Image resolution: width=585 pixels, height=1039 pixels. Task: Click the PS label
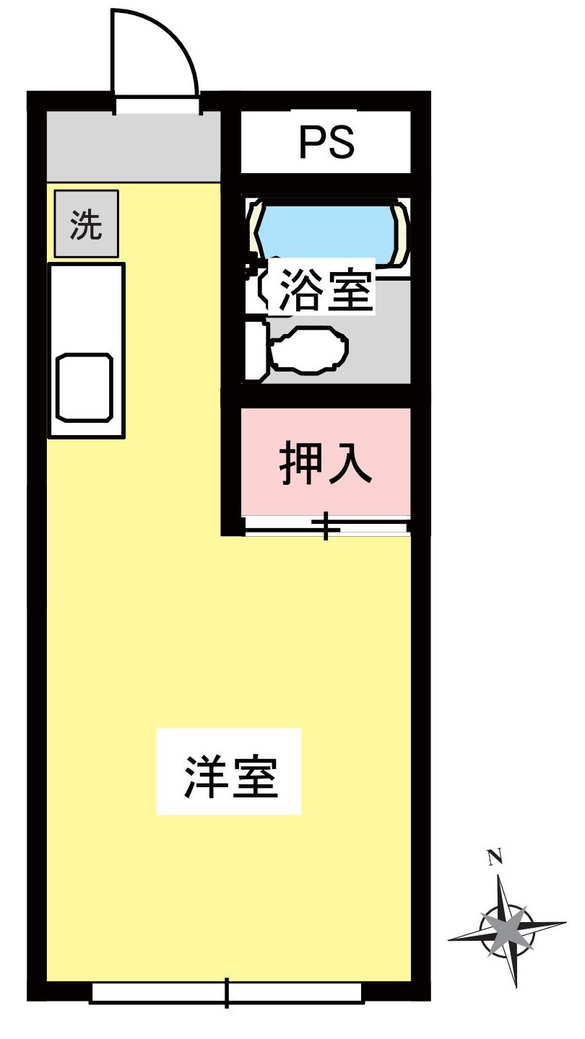pos(326,143)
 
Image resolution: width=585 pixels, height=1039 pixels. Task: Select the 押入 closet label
pos(326,463)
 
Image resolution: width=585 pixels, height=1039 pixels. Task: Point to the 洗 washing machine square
pos(86,224)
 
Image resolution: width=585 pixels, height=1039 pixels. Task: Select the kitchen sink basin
pos(85,387)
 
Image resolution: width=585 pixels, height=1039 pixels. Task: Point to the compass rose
pos(506,926)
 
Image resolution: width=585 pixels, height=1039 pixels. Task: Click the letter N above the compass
pos(495,857)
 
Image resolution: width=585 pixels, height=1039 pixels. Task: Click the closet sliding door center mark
pos(326,526)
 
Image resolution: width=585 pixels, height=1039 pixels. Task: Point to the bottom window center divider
pos(227,992)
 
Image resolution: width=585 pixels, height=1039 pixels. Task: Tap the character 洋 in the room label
pos(203,776)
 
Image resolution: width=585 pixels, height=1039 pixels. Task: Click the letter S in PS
pos(341,143)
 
